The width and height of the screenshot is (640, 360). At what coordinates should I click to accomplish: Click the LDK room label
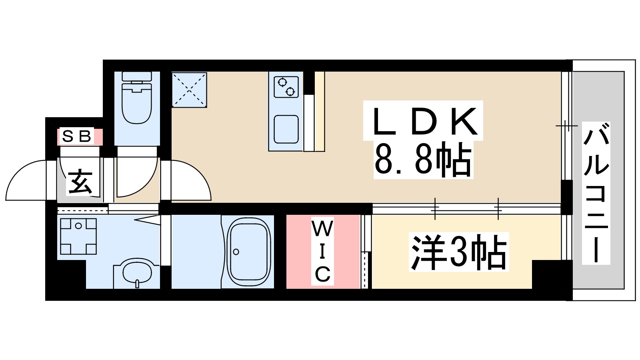click(x=423, y=121)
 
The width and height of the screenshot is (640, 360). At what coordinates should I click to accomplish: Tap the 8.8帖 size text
click(x=423, y=160)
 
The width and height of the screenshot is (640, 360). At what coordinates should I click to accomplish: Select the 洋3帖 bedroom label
click(x=458, y=252)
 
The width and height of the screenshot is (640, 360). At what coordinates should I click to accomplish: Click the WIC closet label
click(x=322, y=252)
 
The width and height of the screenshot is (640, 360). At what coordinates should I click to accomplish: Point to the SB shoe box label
click(x=77, y=136)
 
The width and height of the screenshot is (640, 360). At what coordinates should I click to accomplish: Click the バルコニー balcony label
click(x=596, y=192)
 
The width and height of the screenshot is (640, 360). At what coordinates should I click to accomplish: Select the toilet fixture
click(x=137, y=100)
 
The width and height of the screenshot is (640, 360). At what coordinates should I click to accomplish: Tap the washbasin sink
click(x=137, y=272)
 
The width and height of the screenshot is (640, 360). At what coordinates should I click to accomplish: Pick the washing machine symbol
click(x=78, y=236)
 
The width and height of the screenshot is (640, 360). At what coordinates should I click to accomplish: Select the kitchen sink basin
click(x=286, y=129)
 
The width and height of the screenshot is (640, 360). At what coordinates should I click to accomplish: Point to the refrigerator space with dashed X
click(x=189, y=90)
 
